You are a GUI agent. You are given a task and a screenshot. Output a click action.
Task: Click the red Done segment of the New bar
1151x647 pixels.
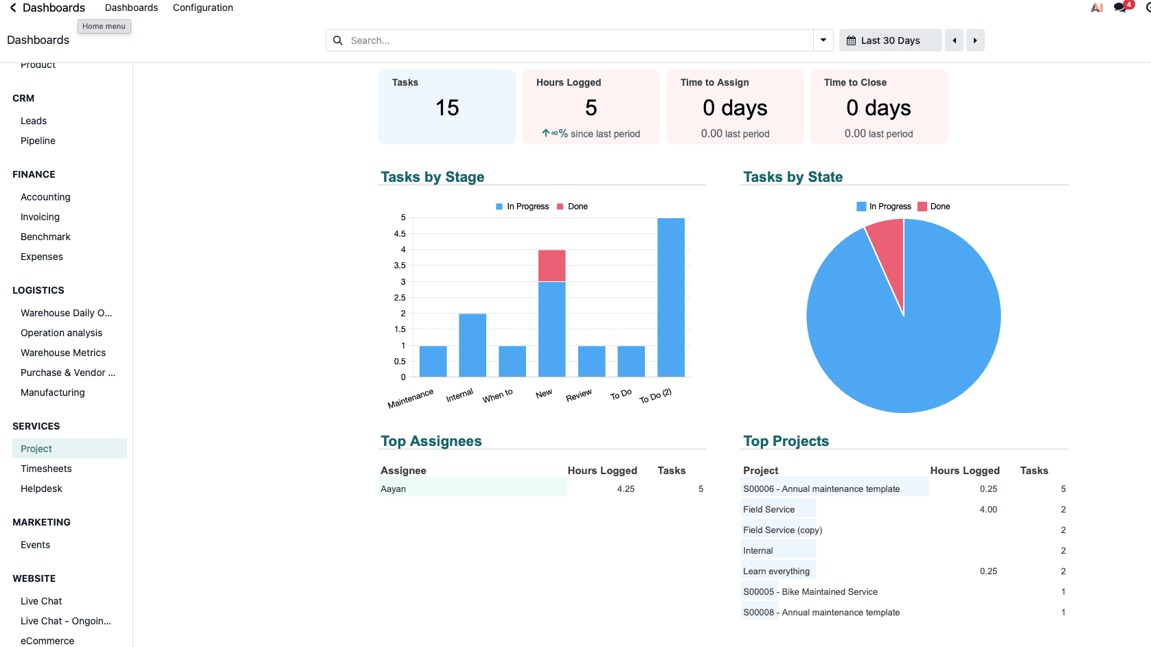pyautogui.click(x=552, y=266)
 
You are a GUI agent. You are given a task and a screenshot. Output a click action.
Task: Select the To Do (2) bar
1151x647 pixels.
pyautogui.click(x=670, y=297)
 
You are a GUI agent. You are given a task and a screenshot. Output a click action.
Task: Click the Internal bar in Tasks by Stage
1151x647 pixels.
pyautogui.click(x=472, y=345)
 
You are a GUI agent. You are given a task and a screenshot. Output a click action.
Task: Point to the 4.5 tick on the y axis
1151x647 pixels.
pyautogui.click(x=400, y=234)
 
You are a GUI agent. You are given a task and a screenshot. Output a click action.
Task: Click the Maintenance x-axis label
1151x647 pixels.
pyautogui.click(x=410, y=399)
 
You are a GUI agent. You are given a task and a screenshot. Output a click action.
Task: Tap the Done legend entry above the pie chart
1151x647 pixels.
pyautogui.click(x=934, y=207)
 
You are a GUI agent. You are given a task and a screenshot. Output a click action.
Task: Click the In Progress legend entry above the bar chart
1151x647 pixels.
pyautogui.click(x=522, y=207)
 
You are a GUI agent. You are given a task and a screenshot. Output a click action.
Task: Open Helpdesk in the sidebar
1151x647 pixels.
pyautogui.click(x=41, y=489)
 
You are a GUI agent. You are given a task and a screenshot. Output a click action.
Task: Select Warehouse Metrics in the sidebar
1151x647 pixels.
pyautogui.click(x=63, y=353)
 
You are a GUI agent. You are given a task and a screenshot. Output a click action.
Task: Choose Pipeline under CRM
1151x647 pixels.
pyautogui.click(x=38, y=141)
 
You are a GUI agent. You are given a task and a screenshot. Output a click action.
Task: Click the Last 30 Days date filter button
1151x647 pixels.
pyautogui.click(x=891, y=40)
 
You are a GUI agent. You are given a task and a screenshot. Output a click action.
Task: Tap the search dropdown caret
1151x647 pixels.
pyautogui.click(x=823, y=40)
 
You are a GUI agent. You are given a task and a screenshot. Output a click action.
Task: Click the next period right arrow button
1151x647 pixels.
pyautogui.click(x=975, y=40)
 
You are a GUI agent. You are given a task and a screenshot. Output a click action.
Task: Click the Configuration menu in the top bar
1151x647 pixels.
pyautogui.click(x=203, y=8)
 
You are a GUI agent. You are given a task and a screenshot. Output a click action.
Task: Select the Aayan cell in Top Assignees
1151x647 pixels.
pyautogui.click(x=393, y=489)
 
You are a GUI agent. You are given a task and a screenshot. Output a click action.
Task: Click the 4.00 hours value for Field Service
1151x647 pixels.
pyautogui.click(x=988, y=509)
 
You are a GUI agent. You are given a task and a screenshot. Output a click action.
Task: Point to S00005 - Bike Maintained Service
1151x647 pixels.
pyautogui.click(x=810, y=591)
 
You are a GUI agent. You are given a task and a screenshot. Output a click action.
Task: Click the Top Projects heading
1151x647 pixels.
pyautogui.click(x=786, y=441)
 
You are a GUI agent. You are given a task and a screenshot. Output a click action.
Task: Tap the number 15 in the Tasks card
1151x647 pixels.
pyautogui.click(x=447, y=108)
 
